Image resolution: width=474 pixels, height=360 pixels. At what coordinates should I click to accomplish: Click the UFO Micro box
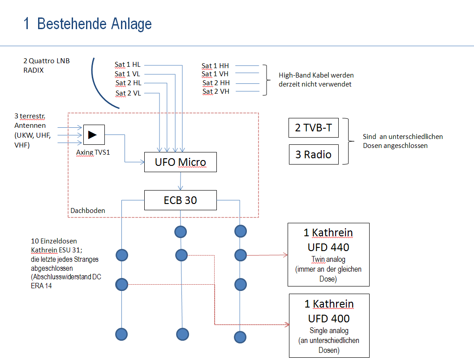pyautogui.click(x=180, y=162)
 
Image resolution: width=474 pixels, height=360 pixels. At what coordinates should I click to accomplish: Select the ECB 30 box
pyautogui.click(x=180, y=200)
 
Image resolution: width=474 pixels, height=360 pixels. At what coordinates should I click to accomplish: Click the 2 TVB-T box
pyautogui.click(x=313, y=128)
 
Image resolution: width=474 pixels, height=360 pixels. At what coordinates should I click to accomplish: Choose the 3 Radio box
pyautogui.click(x=313, y=155)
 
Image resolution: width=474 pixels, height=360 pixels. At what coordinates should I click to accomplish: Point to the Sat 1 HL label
pyautogui.click(x=127, y=65)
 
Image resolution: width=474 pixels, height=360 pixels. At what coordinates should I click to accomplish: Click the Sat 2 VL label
pyautogui.click(x=128, y=93)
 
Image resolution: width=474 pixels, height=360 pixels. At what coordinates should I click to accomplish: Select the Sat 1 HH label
pyautogui.click(x=215, y=65)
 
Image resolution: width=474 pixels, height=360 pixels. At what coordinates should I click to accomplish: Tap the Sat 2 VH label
pyautogui.click(x=216, y=91)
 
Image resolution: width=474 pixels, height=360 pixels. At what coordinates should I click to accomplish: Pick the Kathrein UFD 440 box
pyautogui.click(x=328, y=254)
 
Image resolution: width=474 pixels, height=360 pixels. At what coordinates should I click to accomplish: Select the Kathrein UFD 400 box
pyautogui.click(x=329, y=325)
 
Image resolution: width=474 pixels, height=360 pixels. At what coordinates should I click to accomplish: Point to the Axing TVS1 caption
pyautogui.click(x=93, y=152)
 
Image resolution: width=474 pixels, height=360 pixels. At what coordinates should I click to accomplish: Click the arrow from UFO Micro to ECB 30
pyautogui.click(x=180, y=181)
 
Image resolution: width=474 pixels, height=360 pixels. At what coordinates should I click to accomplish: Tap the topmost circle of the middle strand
pyautogui.click(x=181, y=232)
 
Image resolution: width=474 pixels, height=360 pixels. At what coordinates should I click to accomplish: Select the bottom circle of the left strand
pyautogui.click(x=122, y=334)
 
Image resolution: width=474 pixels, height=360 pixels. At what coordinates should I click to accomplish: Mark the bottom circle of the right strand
pyautogui.click(x=241, y=337)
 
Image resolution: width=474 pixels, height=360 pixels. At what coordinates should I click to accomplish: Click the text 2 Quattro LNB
pyautogui.click(x=47, y=61)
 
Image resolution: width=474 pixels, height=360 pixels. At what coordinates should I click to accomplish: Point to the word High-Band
pyautogui.click(x=292, y=75)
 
